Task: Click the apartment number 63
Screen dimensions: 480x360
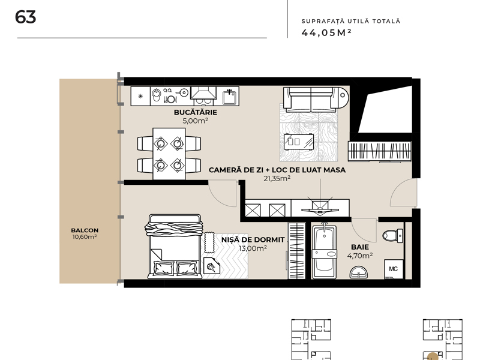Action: (x=25, y=17)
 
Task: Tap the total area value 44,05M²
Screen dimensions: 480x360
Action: (x=326, y=32)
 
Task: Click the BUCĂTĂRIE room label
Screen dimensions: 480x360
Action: (x=196, y=112)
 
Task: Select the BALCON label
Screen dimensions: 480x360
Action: (x=85, y=230)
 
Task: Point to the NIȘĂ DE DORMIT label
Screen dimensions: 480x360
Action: (x=253, y=239)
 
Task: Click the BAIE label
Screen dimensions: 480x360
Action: (x=360, y=247)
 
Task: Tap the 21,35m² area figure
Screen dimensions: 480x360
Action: (x=277, y=178)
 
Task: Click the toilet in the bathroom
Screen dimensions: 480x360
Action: (x=393, y=235)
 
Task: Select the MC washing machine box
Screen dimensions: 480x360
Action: (x=394, y=269)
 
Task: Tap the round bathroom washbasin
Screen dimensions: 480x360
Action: (x=358, y=272)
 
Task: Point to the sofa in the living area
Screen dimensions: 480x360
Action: (x=316, y=100)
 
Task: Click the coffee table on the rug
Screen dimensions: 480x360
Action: (x=298, y=142)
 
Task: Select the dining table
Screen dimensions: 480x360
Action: (x=169, y=154)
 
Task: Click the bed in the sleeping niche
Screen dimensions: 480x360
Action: (x=175, y=247)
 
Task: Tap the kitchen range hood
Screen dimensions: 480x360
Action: (x=203, y=92)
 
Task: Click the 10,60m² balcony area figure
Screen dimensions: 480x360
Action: (x=85, y=237)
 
